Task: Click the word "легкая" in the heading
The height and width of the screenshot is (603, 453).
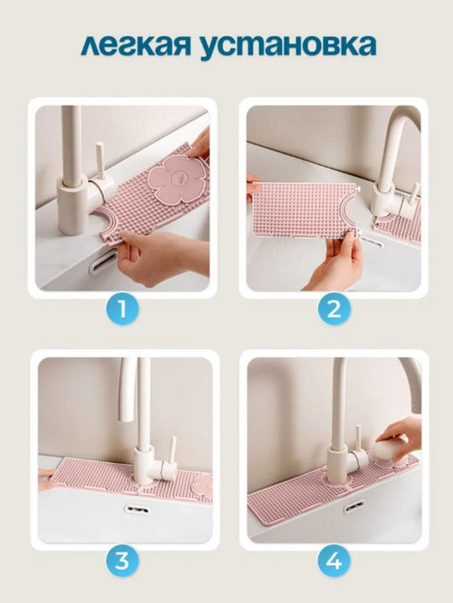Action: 136,46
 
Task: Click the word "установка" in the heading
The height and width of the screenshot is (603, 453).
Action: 288,46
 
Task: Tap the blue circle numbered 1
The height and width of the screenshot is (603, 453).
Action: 122,309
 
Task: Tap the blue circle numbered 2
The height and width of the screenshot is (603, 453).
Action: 334,309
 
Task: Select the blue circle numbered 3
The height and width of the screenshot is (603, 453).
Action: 122,561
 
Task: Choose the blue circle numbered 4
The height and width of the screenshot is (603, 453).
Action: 334,561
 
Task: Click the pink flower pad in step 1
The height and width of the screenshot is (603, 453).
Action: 177,178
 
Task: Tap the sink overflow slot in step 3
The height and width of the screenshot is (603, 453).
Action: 137,510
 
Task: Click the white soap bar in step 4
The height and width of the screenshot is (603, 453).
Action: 388,449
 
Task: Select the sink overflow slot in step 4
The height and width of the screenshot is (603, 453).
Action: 354,506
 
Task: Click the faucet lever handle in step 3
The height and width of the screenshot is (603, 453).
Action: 172,450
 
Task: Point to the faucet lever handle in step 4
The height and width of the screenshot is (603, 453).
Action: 358,438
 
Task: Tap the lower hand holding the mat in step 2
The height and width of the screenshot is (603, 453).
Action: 335,261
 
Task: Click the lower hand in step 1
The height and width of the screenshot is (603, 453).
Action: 162,255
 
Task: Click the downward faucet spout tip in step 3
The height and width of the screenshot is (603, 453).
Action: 126,418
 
